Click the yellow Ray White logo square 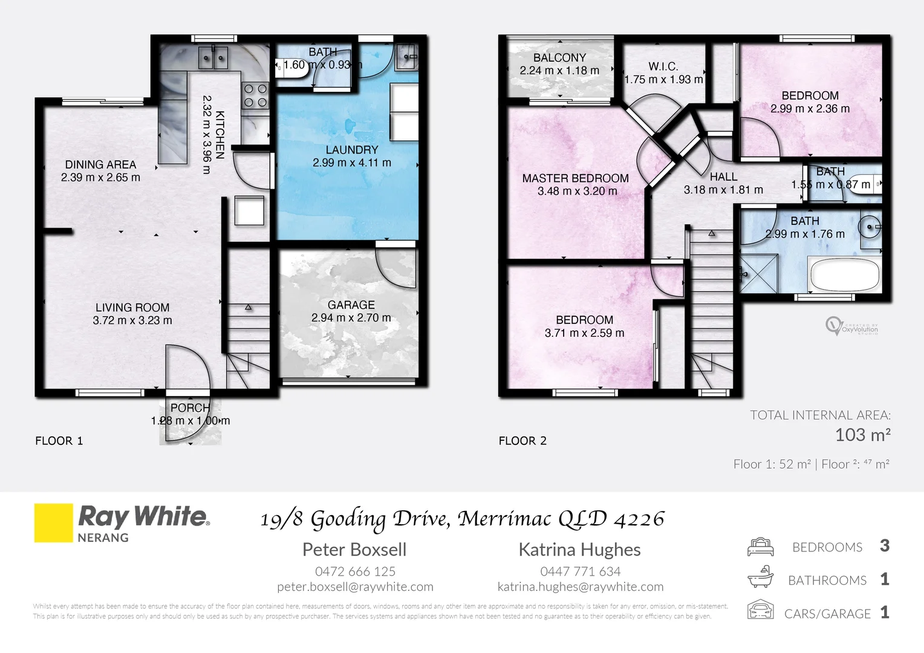coord(53,523)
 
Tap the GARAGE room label coord(351,305)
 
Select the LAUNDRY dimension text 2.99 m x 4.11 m coord(351,163)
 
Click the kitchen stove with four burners coord(255,96)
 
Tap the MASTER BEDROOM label coord(575,178)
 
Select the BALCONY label coord(559,58)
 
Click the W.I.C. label coord(663,67)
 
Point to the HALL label coord(723,177)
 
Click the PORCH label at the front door coord(190,408)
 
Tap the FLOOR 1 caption coord(59,441)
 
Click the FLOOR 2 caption coord(522,441)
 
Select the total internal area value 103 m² coord(862,435)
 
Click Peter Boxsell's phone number coord(355,571)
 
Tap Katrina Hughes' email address coord(580,586)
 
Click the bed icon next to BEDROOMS coord(760,547)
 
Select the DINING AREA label coord(100,164)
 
